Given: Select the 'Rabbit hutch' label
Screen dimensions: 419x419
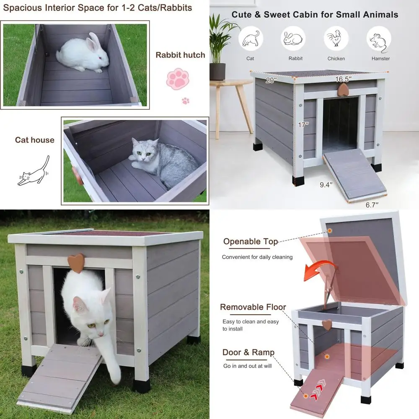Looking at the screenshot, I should [x=181, y=55].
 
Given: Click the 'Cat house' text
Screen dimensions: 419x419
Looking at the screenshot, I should [x=35, y=140].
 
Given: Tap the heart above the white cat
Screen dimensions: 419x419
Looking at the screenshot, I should [x=76, y=261].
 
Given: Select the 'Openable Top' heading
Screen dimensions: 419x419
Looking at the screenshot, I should [x=250, y=242].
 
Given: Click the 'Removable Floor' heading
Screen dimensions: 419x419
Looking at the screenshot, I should [x=253, y=308].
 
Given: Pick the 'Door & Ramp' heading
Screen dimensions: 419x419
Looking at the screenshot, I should [x=248, y=352].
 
